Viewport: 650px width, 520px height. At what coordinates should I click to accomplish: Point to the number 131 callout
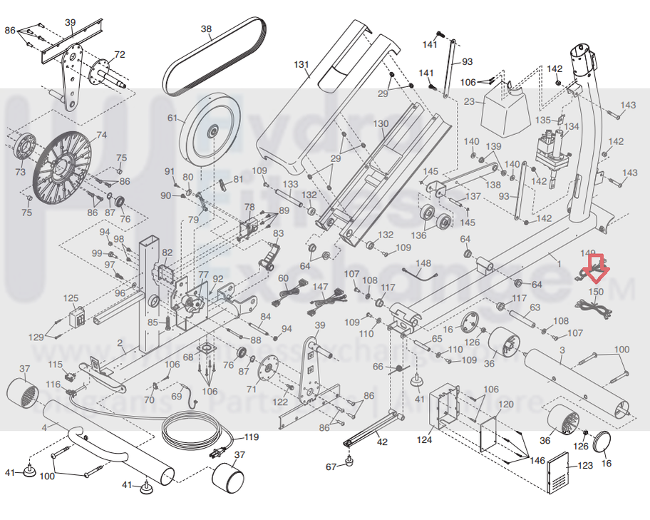tap(301, 65)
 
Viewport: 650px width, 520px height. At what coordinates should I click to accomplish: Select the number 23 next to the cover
tap(469, 101)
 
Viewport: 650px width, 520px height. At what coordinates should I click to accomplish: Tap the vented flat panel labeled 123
tap(558, 472)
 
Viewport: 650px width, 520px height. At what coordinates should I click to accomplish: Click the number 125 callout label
tap(71, 298)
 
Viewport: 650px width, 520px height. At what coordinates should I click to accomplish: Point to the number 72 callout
tap(119, 55)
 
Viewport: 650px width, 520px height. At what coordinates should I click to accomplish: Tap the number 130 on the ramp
tap(381, 123)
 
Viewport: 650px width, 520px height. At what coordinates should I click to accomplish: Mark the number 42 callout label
tap(382, 442)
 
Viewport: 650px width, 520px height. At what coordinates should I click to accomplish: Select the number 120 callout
tap(505, 404)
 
